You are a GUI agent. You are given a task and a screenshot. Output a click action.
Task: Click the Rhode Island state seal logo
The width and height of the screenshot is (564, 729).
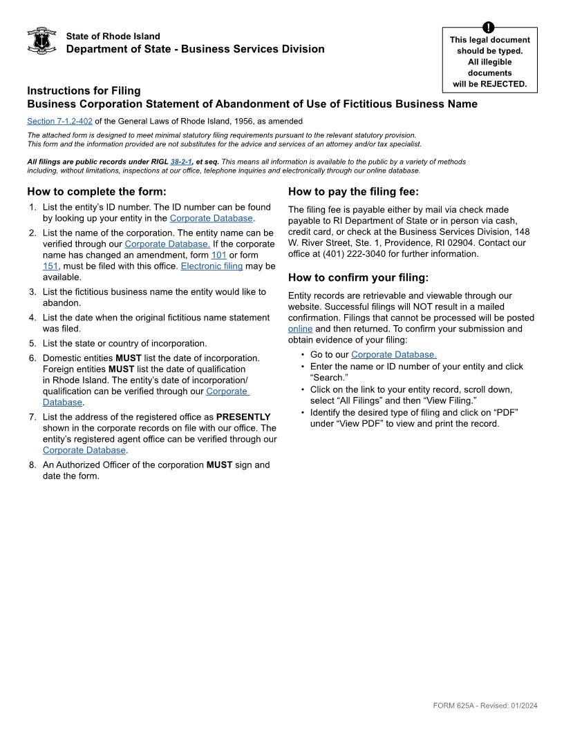click(41, 41)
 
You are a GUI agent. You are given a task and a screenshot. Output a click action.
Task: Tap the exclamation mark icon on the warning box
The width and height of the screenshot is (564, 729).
click(489, 28)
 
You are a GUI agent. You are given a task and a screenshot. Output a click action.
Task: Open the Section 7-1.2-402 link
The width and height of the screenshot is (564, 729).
click(59, 121)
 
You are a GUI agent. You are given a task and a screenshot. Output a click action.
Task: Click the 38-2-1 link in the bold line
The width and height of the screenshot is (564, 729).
click(181, 162)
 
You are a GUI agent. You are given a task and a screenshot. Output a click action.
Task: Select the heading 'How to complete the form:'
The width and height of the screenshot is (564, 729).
click(97, 191)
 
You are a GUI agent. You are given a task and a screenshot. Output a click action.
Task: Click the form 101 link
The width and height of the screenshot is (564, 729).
click(219, 255)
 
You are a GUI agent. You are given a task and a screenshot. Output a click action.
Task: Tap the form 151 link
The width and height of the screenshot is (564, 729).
click(50, 266)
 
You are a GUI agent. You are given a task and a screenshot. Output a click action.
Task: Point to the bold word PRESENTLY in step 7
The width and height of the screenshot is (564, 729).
click(243, 417)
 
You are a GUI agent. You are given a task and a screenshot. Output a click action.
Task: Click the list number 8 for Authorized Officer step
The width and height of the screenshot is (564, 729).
click(32, 465)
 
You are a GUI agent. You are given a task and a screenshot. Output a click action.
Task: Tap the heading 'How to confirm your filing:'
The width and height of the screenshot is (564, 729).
click(358, 278)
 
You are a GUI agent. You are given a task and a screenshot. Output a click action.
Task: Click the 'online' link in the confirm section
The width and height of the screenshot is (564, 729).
click(300, 329)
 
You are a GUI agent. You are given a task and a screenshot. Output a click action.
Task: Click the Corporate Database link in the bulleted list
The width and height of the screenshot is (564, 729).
click(393, 355)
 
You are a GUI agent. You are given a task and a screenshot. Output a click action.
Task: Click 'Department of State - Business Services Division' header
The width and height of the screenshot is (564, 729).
click(195, 49)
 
